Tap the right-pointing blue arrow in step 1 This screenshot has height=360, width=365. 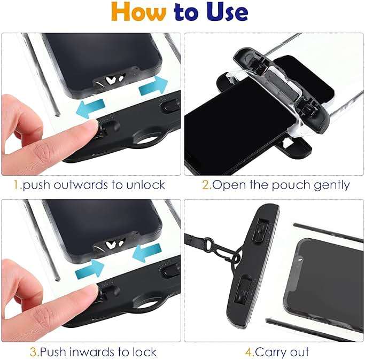153,85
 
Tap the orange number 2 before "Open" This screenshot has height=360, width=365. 205,185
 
